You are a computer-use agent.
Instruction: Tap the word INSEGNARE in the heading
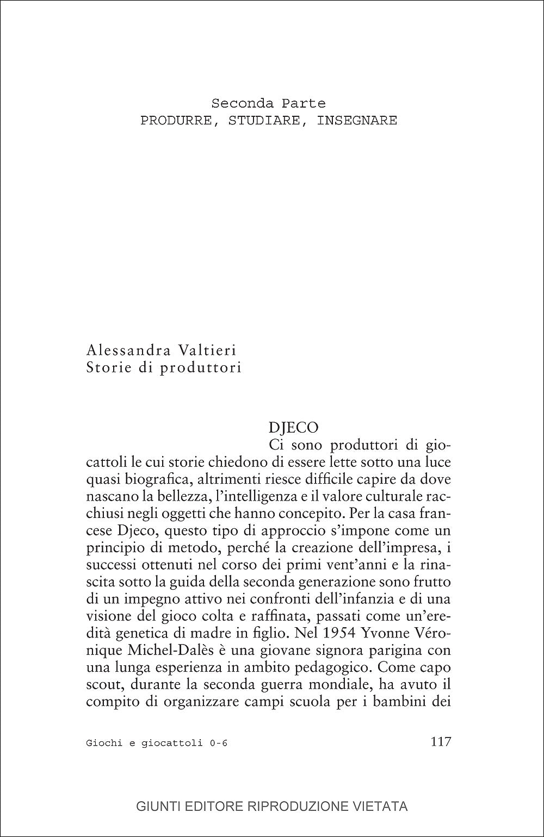click(x=357, y=121)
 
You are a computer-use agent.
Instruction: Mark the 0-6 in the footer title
click(x=218, y=743)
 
